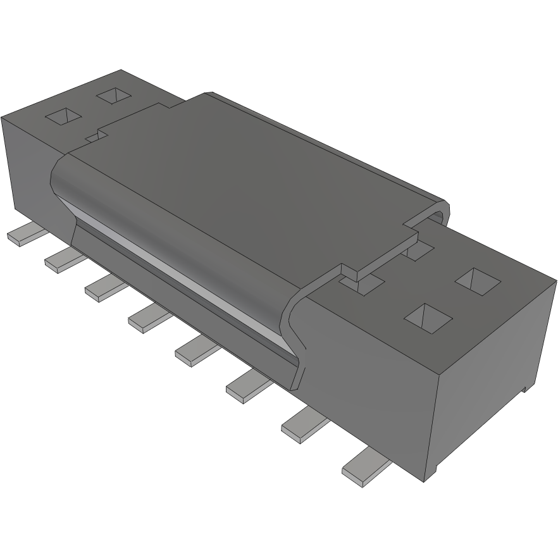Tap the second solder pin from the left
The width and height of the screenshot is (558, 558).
tap(60, 259)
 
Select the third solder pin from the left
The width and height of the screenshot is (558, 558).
tap(101, 288)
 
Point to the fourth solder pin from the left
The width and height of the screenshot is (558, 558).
tap(145, 317)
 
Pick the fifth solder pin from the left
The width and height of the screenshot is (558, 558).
tap(193, 350)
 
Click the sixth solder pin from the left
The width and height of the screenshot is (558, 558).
tap(244, 386)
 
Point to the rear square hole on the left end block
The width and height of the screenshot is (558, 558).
tap(115, 96)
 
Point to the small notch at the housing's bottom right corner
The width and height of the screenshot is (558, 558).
tap(524, 388)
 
